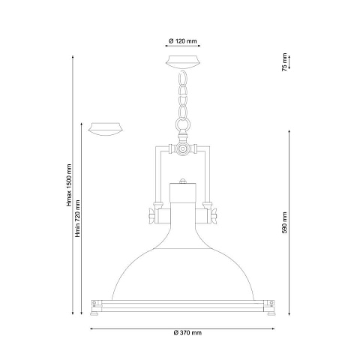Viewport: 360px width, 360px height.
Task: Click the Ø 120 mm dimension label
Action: coord(183,41)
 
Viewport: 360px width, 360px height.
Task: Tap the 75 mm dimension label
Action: coord(284,62)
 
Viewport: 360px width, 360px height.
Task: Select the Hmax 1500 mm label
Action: coord(69,185)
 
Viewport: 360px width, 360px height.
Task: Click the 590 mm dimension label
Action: coord(284,223)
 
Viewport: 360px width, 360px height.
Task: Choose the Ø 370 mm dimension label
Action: coord(187,333)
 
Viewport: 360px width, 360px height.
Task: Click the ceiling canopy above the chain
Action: coord(183,61)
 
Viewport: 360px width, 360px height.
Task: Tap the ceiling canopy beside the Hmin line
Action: coord(106,129)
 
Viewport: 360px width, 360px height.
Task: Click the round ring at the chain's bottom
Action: coord(183,124)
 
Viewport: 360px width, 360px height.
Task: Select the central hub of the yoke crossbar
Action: coord(183,148)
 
